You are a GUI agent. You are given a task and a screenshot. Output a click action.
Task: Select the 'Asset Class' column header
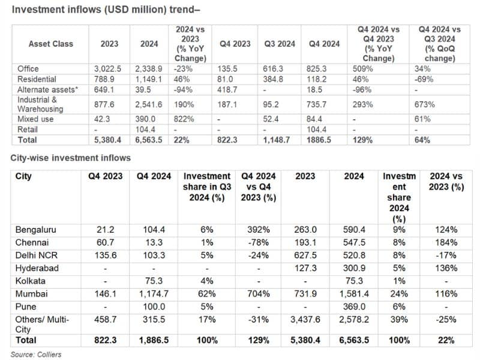pos(51,44)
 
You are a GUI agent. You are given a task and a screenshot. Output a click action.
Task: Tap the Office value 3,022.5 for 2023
pos(107,68)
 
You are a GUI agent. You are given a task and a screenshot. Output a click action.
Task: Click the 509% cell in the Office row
pos(363,68)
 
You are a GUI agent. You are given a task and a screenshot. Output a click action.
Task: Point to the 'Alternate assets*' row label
pos(48,89)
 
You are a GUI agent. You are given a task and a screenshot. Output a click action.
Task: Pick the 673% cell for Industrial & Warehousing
pos(425,104)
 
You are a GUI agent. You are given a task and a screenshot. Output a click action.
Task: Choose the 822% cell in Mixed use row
pos(184,119)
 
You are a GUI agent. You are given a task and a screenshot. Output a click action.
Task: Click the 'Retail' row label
pos(28,130)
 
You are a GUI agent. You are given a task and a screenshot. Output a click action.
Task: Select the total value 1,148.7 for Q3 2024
pos(277,140)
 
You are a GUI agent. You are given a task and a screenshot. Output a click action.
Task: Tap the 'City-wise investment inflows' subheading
pos(70,158)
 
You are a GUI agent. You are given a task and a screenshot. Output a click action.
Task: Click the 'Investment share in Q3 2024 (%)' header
pos(207,187)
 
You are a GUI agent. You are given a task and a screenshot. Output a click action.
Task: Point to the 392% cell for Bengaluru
pos(259,230)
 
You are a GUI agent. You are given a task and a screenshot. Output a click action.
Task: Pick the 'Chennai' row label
pos(32,242)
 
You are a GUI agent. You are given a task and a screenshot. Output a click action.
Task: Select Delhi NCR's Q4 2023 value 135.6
pos(106,256)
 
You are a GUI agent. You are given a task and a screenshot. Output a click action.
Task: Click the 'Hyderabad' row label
pos(37,268)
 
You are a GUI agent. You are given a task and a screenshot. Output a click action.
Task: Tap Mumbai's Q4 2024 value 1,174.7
pos(154,294)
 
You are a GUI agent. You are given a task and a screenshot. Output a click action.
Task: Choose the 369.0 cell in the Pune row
pos(354,307)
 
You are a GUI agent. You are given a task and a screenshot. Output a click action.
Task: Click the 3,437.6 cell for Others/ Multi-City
pos(305,320)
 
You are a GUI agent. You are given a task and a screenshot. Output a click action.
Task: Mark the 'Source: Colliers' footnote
pos(36,355)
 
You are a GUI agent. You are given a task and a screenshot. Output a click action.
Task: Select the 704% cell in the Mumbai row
pos(259,294)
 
